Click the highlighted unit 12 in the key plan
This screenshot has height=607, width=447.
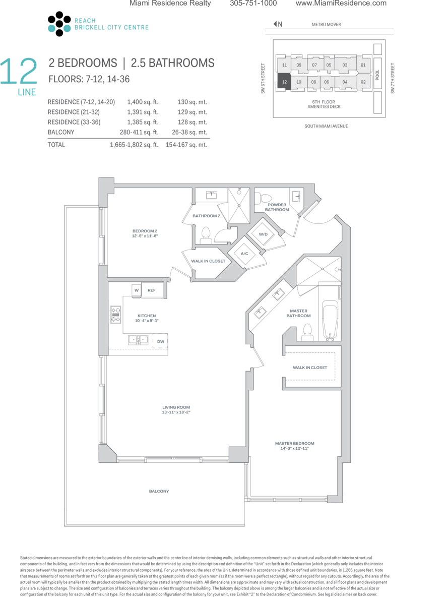coord(284,82)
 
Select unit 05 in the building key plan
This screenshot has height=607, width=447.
coord(329,65)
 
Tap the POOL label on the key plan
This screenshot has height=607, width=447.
coord(377,75)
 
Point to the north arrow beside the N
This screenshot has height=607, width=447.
coord(275,24)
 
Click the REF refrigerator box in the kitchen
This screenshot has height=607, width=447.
coord(152,290)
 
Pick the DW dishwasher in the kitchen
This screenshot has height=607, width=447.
coord(160,341)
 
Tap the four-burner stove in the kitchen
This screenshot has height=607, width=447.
coord(116,315)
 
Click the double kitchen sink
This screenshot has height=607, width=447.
coord(138,340)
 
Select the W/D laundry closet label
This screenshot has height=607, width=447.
coord(263,234)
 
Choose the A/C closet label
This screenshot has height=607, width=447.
coord(244,254)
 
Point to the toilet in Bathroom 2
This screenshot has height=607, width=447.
coord(206,236)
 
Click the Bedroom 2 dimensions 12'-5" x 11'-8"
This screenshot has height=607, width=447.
coord(145,236)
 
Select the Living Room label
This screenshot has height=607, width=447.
coord(176,407)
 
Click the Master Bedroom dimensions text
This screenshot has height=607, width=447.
coord(295,448)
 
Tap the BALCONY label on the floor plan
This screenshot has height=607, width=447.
coord(159,491)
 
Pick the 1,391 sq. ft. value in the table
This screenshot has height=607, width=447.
coord(143,112)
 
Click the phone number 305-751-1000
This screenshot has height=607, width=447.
coord(253,3)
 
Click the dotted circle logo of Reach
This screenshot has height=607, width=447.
coord(59,24)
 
